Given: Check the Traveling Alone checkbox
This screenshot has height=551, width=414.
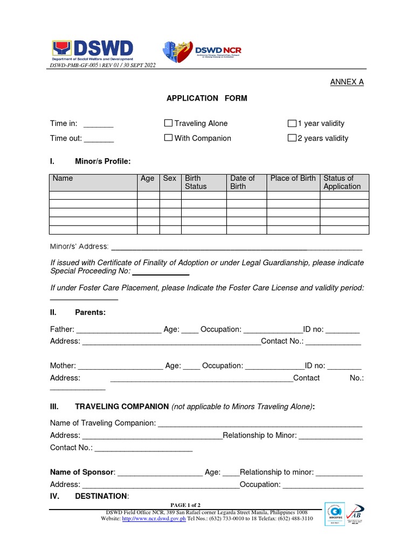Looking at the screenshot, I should click(x=168, y=123).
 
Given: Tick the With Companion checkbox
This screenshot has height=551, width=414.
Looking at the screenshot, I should click(x=168, y=138).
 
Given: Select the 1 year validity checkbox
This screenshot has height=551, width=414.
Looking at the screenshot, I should click(x=292, y=123).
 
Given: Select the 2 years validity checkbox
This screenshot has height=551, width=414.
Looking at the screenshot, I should click(x=292, y=138).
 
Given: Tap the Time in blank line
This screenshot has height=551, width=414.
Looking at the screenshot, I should click(x=98, y=124).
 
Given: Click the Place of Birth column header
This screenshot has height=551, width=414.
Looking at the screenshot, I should click(x=293, y=179).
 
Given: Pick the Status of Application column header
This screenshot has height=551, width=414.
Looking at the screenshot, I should click(x=342, y=182).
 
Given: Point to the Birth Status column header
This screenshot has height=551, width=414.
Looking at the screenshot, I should click(x=196, y=182).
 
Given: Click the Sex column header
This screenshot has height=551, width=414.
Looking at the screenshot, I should click(x=169, y=179).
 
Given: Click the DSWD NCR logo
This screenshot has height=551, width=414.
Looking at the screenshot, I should click(x=202, y=51).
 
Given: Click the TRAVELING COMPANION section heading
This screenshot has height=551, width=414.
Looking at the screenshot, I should click(x=122, y=406).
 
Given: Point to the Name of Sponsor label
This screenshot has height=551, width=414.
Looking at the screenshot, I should click(x=82, y=472).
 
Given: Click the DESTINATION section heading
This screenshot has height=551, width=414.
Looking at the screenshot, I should click(x=101, y=496).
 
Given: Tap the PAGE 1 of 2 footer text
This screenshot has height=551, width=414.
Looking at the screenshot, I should click(x=185, y=505).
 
